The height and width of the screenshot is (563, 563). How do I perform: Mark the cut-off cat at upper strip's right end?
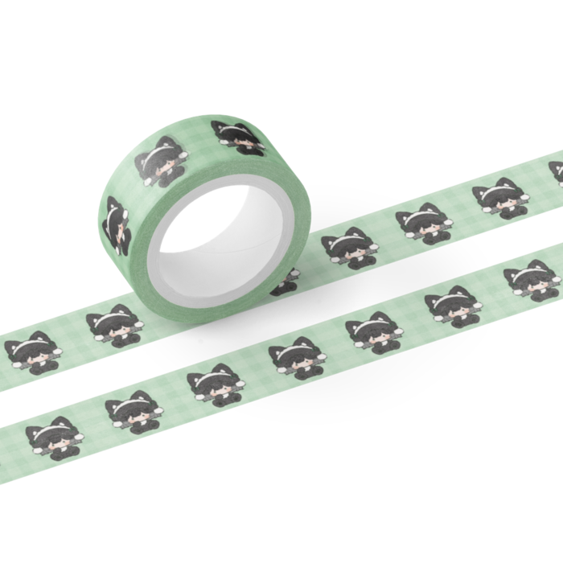[x=556, y=174]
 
